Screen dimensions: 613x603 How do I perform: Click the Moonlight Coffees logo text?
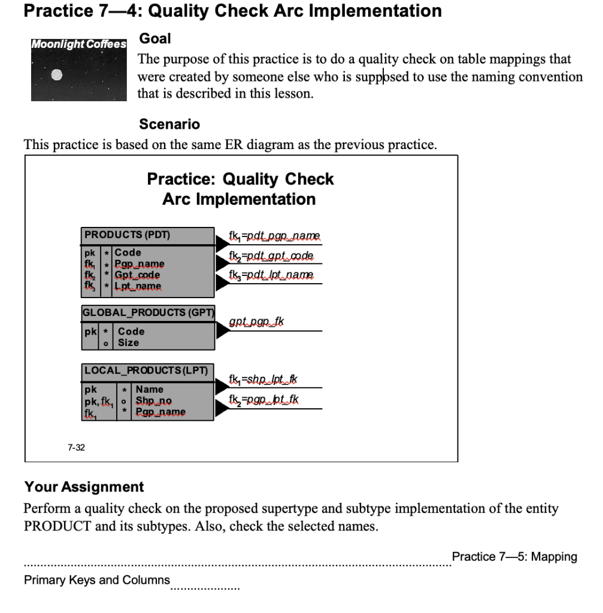tap(79, 44)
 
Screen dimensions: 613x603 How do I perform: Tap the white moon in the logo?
tap(56, 75)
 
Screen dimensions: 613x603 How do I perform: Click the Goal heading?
tap(155, 39)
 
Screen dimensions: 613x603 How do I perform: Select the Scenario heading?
tap(169, 125)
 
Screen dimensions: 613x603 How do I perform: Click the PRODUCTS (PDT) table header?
tap(127, 235)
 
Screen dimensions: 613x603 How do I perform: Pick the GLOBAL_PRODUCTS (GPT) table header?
tap(149, 312)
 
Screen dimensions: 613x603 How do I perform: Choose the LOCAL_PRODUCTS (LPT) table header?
tap(146, 371)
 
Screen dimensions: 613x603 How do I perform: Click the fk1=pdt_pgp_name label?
tap(274, 236)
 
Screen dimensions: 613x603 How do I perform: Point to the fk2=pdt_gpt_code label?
tap(271, 256)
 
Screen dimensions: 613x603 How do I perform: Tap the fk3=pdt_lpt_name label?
tap(271, 275)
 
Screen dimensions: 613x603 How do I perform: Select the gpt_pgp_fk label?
tap(256, 322)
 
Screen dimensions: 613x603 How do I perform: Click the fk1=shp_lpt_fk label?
tap(263, 379)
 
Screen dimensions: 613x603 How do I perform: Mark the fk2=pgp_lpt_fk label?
tap(264, 399)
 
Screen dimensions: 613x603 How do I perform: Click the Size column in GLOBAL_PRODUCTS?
tap(128, 342)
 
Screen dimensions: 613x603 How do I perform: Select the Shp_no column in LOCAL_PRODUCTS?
tap(153, 400)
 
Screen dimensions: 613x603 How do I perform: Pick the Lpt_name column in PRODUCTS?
tap(138, 286)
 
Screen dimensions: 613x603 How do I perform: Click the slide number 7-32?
tap(76, 447)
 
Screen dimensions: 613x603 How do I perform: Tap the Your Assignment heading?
tap(84, 487)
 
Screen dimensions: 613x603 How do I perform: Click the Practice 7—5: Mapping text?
tap(514, 557)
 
